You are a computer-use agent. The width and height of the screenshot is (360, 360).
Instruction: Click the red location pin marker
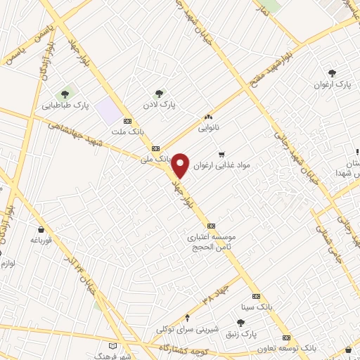[181, 165]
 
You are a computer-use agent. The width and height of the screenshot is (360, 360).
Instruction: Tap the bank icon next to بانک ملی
[155, 148]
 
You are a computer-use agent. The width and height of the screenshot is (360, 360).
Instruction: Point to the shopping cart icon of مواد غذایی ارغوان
[223, 155]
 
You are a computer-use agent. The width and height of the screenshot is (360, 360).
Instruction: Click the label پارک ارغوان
[332, 84]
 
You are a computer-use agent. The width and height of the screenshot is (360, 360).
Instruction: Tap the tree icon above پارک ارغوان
[332, 72]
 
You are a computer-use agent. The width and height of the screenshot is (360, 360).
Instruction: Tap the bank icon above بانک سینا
[256, 296]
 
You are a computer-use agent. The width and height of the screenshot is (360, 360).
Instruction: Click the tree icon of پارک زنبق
[240, 322]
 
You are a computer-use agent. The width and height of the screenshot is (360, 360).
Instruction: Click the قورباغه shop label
[41, 240]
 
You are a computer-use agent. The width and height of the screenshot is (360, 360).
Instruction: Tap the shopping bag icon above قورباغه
[41, 229]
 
